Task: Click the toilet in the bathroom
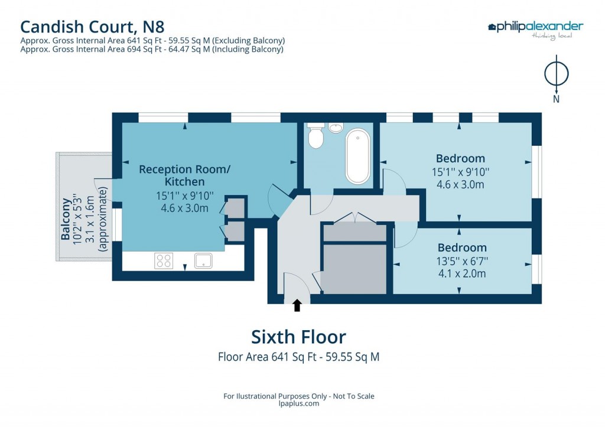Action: pyautogui.click(x=316, y=136)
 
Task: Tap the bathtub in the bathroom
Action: pyautogui.click(x=358, y=157)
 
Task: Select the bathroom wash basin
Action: pyautogui.click(x=336, y=128)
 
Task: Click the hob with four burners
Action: pyautogui.click(x=164, y=260)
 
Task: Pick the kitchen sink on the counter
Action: pyautogui.click(x=204, y=260)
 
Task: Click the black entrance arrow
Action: pyautogui.click(x=297, y=305)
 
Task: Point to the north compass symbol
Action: pyautogui.click(x=556, y=74)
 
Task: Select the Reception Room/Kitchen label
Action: pyautogui.click(x=184, y=175)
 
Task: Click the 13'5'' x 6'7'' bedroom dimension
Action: pyautogui.click(x=462, y=261)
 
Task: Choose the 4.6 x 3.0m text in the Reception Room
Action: pyautogui.click(x=184, y=207)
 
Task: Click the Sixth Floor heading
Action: pyautogui.click(x=298, y=337)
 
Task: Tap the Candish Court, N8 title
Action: pyautogui.click(x=92, y=26)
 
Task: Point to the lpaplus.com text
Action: pyautogui.click(x=298, y=404)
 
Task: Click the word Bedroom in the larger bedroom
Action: pyautogui.click(x=460, y=158)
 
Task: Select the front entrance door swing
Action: pyautogui.click(x=295, y=285)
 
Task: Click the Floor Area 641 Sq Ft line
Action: pyautogui.click(x=298, y=357)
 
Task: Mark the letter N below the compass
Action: pyautogui.click(x=556, y=99)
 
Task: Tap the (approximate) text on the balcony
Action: pyautogui.click(x=104, y=219)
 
